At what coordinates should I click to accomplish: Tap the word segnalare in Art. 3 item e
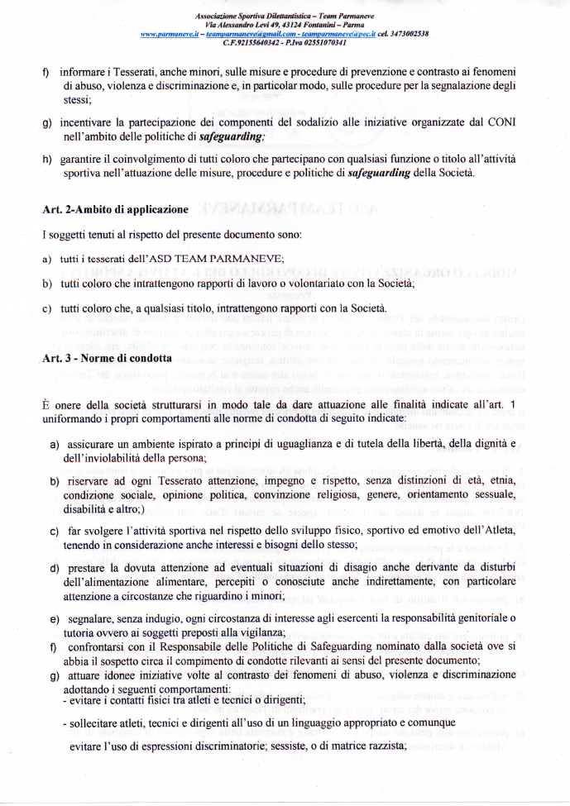click(x=89, y=618)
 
